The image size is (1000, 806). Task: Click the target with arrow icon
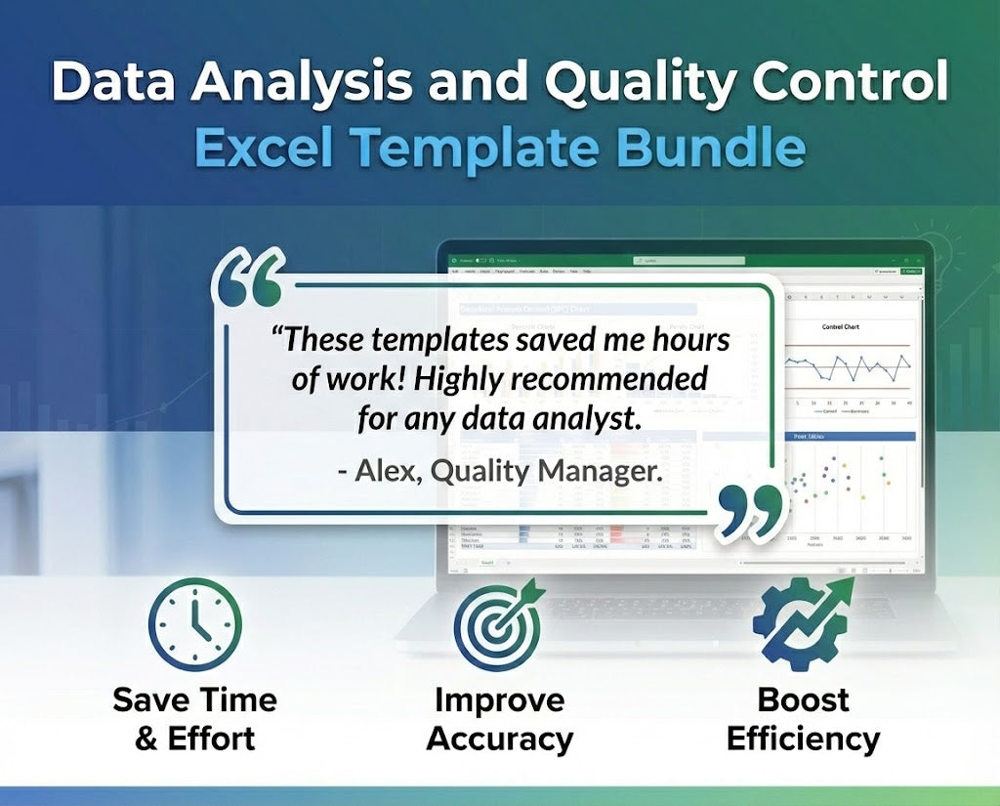(x=498, y=625)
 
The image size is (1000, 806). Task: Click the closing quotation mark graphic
(x=749, y=508)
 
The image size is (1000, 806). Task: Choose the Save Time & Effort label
(x=194, y=718)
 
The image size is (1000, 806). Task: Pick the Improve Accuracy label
(x=499, y=718)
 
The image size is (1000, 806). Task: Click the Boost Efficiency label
(x=803, y=718)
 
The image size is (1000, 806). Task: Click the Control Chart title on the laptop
(x=847, y=328)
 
